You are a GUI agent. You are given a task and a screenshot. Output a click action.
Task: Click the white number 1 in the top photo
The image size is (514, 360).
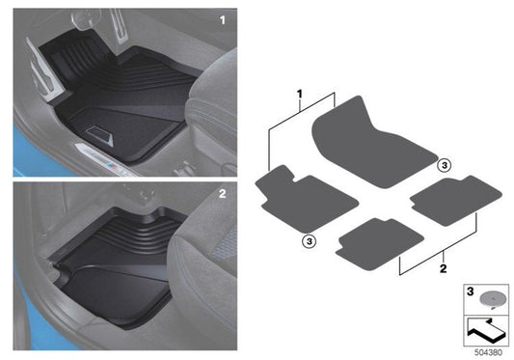[223, 20]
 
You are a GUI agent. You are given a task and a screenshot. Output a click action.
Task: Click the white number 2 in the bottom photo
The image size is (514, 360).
[222, 194]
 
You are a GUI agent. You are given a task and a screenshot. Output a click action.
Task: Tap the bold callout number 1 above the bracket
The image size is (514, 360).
[299, 95]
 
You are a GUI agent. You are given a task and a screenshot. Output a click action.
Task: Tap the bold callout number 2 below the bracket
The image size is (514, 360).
[443, 268]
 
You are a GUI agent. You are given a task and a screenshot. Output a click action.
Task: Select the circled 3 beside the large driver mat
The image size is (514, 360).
[445, 165]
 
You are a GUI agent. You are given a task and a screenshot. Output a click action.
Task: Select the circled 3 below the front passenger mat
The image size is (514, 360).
[310, 241]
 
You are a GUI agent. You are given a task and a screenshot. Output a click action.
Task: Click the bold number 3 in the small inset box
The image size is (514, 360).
[470, 291]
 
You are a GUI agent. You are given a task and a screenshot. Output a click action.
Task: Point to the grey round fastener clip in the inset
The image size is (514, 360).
[491, 299]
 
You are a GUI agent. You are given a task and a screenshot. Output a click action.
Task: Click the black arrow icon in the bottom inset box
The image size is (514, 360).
[485, 330]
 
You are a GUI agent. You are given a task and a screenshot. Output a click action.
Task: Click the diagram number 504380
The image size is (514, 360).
[488, 352]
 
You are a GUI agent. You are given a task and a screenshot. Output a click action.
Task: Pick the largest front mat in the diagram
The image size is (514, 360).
[372, 142]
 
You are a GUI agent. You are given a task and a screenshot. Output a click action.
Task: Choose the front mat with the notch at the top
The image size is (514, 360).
[306, 198]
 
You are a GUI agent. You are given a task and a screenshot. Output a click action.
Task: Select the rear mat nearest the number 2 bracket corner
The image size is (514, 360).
[379, 244]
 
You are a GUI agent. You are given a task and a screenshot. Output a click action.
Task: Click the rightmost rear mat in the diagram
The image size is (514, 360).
[455, 200]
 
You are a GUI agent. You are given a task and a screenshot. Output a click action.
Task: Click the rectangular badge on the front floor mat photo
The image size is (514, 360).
[99, 135]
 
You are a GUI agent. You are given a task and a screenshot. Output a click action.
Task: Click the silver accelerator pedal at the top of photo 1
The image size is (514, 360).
[118, 25]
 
